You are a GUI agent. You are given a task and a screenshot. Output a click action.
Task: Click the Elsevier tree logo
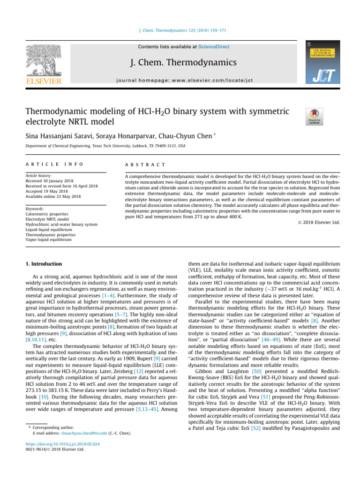pyautogui.click(x=42, y=60)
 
